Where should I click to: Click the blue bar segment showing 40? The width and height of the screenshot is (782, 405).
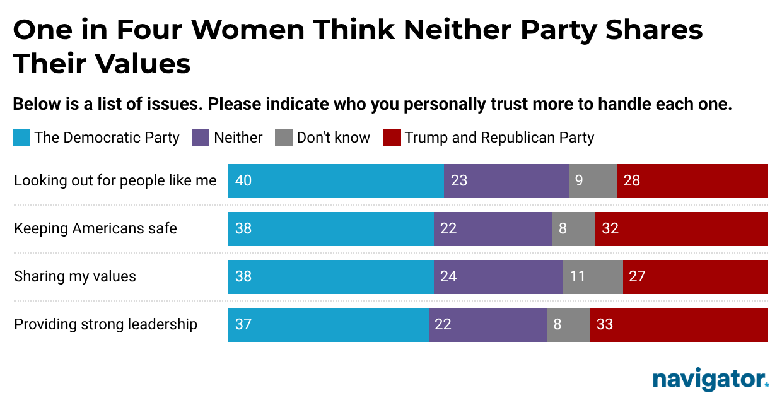coord(336,181)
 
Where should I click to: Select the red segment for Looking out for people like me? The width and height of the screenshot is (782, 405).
coord(692,181)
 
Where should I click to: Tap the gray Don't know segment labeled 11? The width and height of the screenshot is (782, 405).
coord(592,277)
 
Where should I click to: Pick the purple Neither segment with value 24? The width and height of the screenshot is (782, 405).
coord(498,277)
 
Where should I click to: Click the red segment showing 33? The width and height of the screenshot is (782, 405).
coord(679,325)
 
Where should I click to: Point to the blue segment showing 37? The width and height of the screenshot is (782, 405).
coord(328,325)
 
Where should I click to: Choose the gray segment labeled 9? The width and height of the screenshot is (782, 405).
coord(592,181)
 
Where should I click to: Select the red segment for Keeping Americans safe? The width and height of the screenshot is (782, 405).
coord(681,229)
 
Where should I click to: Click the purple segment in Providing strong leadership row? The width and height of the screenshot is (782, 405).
coord(487,325)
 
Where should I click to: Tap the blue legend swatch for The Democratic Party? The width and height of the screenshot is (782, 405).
coord(21,138)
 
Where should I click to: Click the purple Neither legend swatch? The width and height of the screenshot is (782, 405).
coord(200,138)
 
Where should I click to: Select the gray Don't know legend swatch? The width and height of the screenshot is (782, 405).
coord(283,138)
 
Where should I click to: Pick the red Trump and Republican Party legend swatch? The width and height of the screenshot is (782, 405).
coord(392,138)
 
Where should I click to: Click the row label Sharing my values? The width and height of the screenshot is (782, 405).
coord(75,276)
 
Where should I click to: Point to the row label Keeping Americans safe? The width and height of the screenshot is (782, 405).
coord(95,228)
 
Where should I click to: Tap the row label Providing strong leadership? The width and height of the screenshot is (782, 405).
coord(105,324)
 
